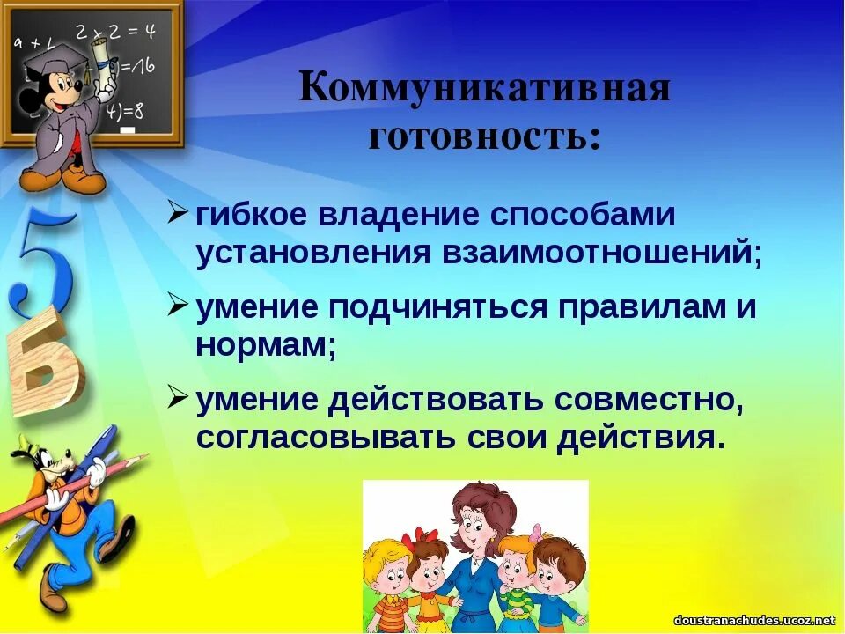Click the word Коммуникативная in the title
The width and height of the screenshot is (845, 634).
click(x=485, y=90)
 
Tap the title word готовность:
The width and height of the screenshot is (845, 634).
click(x=485, y=136)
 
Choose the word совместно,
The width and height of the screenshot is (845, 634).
click(x=650, y=400)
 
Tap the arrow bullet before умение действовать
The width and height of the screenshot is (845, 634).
click(x=177, y=396)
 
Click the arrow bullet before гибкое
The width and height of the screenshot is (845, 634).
click(x=177, y=212)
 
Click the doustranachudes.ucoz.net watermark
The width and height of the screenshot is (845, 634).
click(x=753, y=621)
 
